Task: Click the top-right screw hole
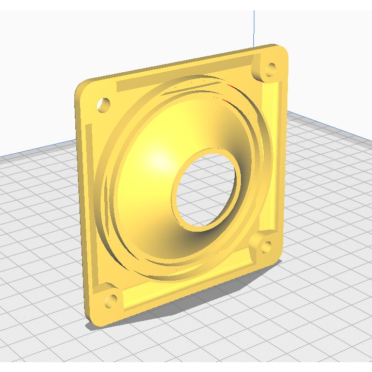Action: (x=270, y=70)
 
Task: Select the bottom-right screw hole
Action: (x=267, y=247)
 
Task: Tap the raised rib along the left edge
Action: (x=93, y=206)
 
